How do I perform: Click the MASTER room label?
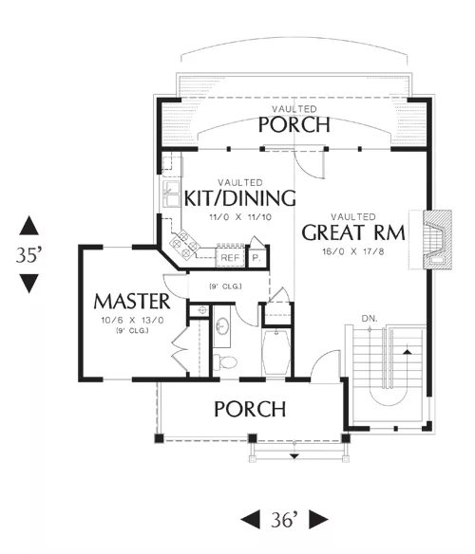(132, 302)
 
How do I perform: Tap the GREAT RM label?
(353, 232)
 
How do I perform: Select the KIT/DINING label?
(240, 198)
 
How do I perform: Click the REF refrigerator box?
(230, 258)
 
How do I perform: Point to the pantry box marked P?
(256, 258)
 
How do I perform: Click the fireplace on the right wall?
(437, 240)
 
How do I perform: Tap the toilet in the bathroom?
(225, 361)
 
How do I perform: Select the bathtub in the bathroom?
(275, 353)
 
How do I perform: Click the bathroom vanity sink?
(222, 326)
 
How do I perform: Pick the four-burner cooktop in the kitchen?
(184, 243)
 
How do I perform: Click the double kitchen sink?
(171, 194)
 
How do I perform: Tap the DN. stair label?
(370, 319)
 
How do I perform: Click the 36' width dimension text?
(285, 520)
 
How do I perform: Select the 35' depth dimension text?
(29, 254)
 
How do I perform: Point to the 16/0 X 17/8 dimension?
(353, 251)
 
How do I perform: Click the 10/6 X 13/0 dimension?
(132, 321)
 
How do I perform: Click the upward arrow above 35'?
(29, 226)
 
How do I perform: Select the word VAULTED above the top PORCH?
(294, 109)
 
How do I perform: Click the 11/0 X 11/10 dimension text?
(240, 217)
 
